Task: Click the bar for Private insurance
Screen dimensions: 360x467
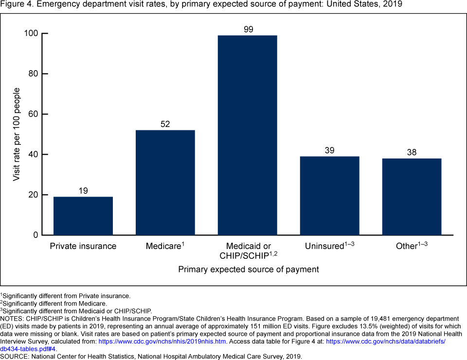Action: pyautogui.click(x=83, y=216)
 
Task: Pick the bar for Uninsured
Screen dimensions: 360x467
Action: pyautogui.click(x=329, y=196)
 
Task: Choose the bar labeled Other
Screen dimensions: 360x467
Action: pyautogui.click(x=412, y=197)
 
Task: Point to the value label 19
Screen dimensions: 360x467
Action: pyautogui.click(x=83, y=191)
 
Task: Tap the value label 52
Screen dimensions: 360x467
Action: pyautogui.click(x=165, y=124)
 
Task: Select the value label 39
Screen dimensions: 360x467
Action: pyautogui.click(x=329, y=150)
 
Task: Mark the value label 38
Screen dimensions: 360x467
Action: pyautogui.click(x=412, y=152)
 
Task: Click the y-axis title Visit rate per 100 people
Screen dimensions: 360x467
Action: pyautogui.click(x=17, y=134)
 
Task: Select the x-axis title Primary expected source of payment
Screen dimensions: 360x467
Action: pyautogui.click(x=248, y=269)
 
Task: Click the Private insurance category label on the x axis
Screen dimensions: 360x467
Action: pyautogui.click(x=83, y=246)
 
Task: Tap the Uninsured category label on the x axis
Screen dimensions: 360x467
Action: pyautogui.click(x=324, y=246)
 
